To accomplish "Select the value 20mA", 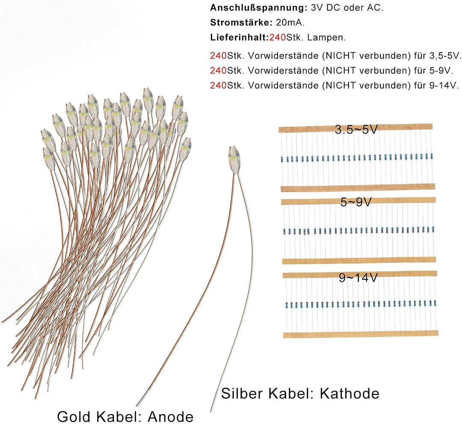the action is click(290, 22).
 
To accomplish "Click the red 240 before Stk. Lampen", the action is click(277, 37).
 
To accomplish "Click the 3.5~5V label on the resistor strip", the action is click(356, 129).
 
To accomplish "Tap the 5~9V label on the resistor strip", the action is click(355, 202).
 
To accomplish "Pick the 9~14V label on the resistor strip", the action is click(358, 278).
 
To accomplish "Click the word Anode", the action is click(171, 417).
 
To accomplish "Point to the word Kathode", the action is click(350, 393).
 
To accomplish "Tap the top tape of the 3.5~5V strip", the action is click(355, 128).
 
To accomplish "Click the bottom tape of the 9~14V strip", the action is click(361, 334).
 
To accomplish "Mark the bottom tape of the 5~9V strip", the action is click(359, 260).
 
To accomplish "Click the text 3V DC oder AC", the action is click(347, 8).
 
